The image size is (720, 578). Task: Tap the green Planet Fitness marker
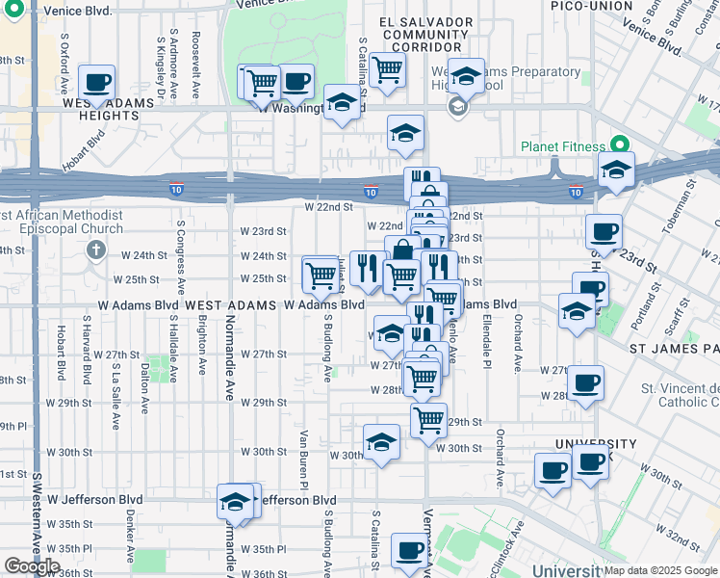[x=619, y=144]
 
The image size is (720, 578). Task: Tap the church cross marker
[x=94, y=250]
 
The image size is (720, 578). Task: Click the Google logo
[x=32, y=565]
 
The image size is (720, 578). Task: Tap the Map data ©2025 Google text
[x=660, y=570]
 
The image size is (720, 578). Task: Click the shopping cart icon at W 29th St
[x=428, y=419]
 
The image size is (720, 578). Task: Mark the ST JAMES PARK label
[x=674, y=346]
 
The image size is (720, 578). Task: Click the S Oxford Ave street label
[x=64, y=57]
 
